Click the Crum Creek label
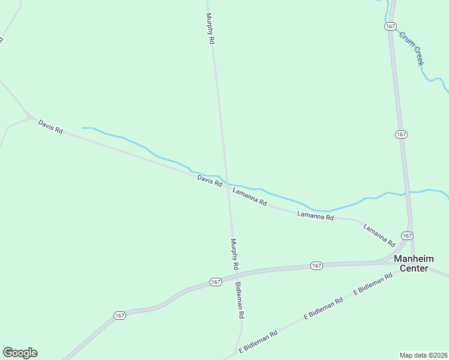[412, 49]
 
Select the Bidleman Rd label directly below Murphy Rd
[240, 299]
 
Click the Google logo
[20, 353]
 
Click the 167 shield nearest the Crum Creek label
[391, 26]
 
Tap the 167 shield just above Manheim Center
[407, 236]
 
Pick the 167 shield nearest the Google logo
[120, 315]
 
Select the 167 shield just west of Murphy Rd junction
[215, 281]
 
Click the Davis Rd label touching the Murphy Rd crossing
[209, 180]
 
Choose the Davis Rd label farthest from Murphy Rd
[50, 126]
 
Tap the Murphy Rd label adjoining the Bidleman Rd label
[235, 253]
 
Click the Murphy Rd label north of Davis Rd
[209, 29]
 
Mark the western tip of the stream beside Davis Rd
[82, 128]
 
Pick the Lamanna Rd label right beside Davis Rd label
[250, 197]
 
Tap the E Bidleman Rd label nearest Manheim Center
[372, 283]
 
